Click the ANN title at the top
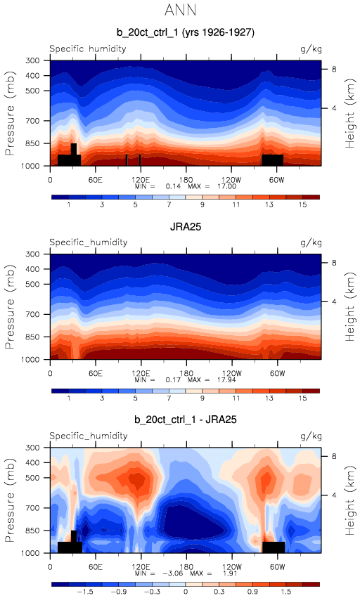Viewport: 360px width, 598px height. (x=181, y=10)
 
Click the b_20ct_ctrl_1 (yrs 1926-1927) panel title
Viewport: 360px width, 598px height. (x=186, y=32)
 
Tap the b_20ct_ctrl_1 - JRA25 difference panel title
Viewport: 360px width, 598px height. (x=186, y=420)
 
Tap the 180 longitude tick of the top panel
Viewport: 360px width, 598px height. (x=186, y=180)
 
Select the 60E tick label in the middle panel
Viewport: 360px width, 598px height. (x=96, y=373)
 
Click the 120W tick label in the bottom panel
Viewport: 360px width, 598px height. (x=231, y=566)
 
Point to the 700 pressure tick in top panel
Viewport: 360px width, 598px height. (x=32, y=121)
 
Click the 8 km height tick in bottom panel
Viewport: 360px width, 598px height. (x=334, y=456)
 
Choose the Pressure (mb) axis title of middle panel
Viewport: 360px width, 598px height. (x=10, y=306)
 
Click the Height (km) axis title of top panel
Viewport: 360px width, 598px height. (x=349, y=113)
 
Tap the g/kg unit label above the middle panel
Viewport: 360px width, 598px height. (x=311, y=242)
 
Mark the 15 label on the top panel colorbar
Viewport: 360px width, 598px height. (x=302, y=204)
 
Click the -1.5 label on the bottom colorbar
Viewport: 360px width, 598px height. (x=85, y=592)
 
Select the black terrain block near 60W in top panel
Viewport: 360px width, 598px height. (x=273, y=160)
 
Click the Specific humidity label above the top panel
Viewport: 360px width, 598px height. (x=88, y=49)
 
